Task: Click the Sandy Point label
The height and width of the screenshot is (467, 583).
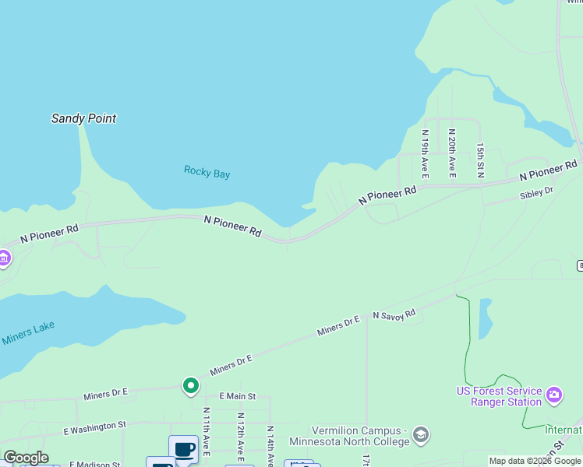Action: click(83, 118)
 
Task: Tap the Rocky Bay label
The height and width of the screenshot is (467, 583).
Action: click(207, 172)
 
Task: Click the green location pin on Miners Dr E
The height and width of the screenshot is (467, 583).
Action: click(190, 385)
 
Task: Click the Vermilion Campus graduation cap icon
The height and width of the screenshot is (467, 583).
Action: click(421, 434)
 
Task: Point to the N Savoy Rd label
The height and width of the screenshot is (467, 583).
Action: click(394, 314)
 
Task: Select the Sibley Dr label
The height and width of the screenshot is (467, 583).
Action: click(536, 193)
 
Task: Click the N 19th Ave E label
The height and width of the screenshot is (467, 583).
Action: click(425, 152)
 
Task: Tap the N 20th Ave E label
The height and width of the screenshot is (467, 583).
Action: click(452, 153)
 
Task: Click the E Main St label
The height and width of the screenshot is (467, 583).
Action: click(237, 396)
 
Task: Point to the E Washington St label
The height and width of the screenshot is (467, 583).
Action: click(94, 427)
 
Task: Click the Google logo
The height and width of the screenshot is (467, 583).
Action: click(26, 458)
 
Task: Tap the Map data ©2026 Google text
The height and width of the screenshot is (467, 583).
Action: click(535, 461)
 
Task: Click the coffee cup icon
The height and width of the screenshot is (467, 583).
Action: click(184, 450)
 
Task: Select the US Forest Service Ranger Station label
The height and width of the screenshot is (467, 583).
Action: click(499, 396)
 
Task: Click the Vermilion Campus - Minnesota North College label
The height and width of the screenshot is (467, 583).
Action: click(360, 437)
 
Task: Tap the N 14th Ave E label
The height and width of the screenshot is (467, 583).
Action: click(269, 444)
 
